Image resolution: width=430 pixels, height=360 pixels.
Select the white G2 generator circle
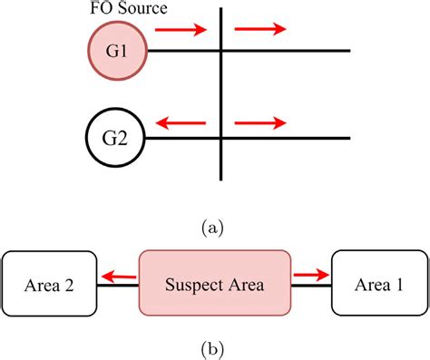[x=112, y=138]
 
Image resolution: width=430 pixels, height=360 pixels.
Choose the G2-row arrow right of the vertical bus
[x=260, y=121]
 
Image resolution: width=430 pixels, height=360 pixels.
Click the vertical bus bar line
[x=220, y=91]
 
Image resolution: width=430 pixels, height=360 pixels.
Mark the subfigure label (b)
[x=215, y=346]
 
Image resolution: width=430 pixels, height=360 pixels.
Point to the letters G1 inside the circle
[x=115, y=50]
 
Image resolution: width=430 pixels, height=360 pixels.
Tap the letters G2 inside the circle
[x=112, y=139]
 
